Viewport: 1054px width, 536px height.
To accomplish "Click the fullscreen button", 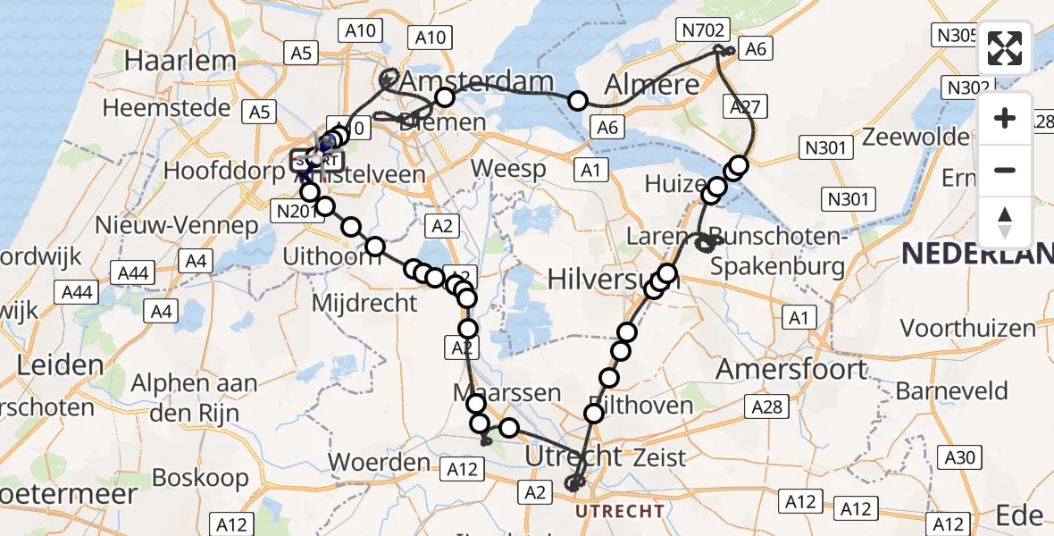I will [1005, 48].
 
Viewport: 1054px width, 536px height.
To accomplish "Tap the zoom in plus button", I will [1005, 118].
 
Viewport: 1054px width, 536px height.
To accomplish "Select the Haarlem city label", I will [181, 61].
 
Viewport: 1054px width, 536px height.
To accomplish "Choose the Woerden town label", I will [379, 462].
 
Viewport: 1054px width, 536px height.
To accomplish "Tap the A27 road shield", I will [744, 107].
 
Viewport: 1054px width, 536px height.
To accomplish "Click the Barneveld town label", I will [951, 391].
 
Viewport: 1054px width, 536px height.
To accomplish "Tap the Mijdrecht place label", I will [364, 303].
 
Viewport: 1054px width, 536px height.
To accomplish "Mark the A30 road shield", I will [959, 457].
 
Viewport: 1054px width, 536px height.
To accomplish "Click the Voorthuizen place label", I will [967, 329].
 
